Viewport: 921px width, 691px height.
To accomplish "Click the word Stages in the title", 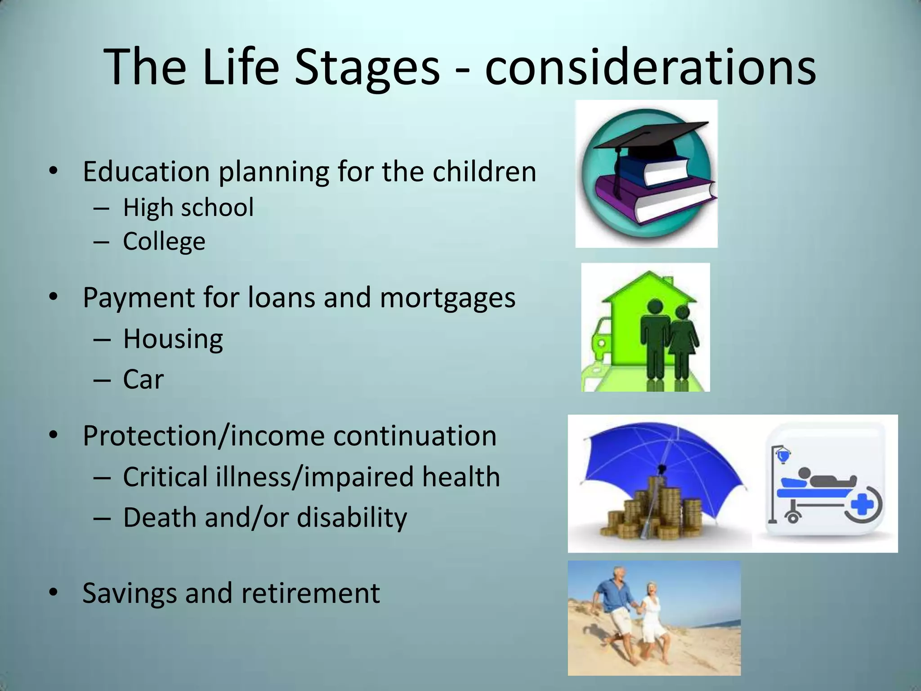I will pos(366,67).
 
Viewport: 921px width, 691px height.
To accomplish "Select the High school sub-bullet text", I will pos(188,207).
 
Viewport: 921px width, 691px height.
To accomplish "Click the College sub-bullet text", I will pos(164,241).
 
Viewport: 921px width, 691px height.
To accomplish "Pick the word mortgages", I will pos(447,298).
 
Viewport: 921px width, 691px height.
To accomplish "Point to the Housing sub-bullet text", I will pos(173,338).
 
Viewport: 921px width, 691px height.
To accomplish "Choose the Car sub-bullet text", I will pos(143,379).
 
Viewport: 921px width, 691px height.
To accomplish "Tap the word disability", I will pos(352,517).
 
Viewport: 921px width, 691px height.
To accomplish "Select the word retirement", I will pos(310,593).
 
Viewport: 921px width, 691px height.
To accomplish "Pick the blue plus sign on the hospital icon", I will pos(860,505).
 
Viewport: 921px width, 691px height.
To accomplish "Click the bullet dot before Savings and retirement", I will pos(53,592).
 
